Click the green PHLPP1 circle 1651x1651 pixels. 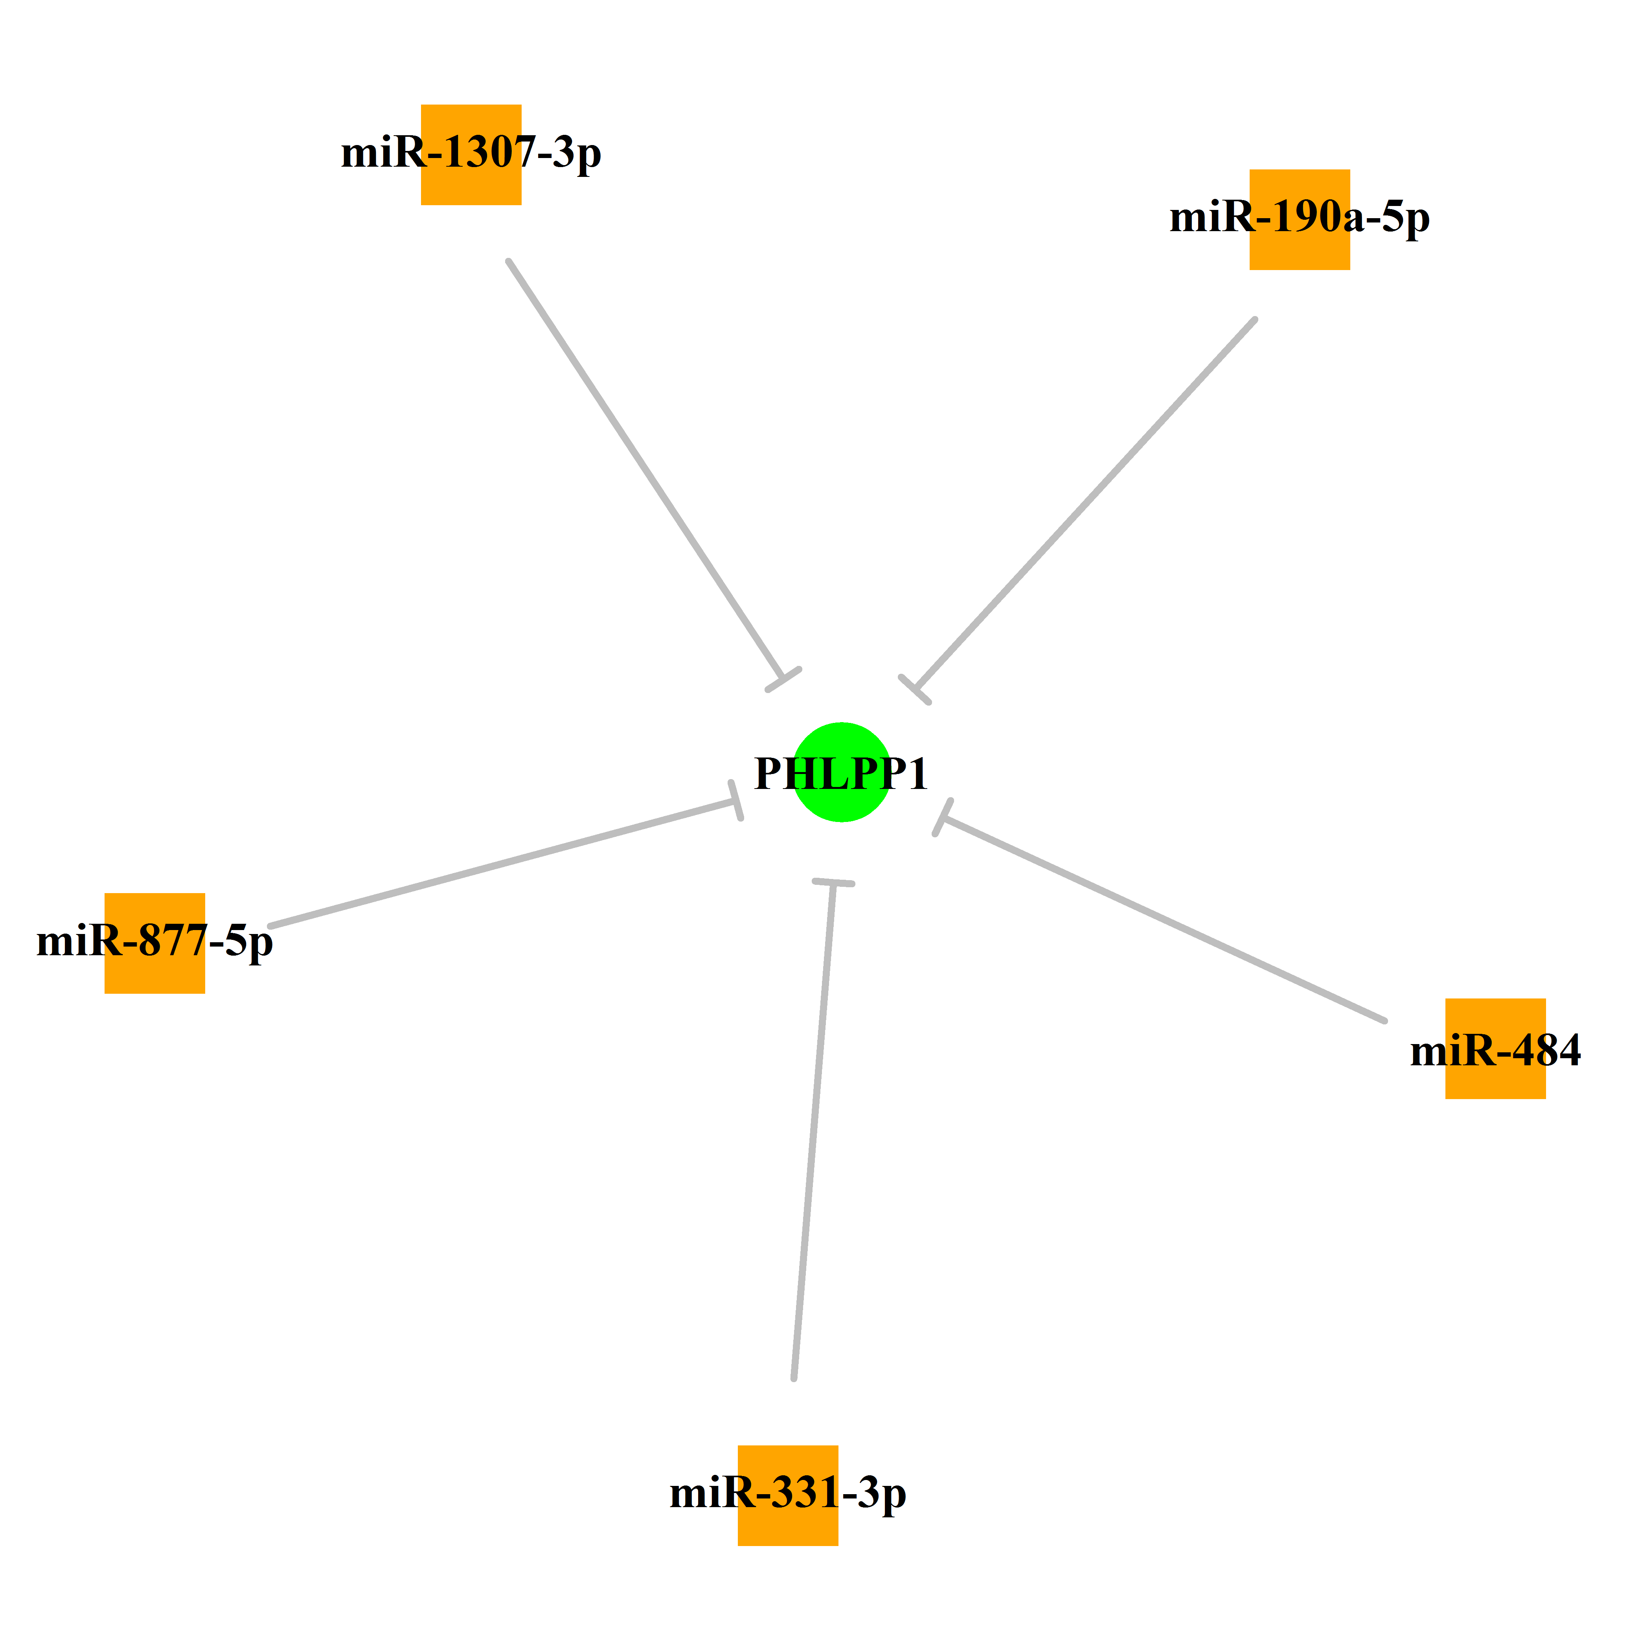click(x=842, y=772)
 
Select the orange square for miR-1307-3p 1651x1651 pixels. click(x=471, y=154)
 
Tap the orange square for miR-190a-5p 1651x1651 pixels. click(x=1300, y=220)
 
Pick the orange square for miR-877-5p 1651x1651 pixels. click(x=154, y=943)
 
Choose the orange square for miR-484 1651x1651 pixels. click(x=1495, y=1048)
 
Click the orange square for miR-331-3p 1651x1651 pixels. click(x=788, y=1495)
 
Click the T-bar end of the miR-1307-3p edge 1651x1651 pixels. click(x=783, y=679)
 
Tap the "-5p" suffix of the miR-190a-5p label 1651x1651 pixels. click(x=1398, y=219)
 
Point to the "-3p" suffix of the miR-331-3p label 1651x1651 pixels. click(x=874, y=1495)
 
